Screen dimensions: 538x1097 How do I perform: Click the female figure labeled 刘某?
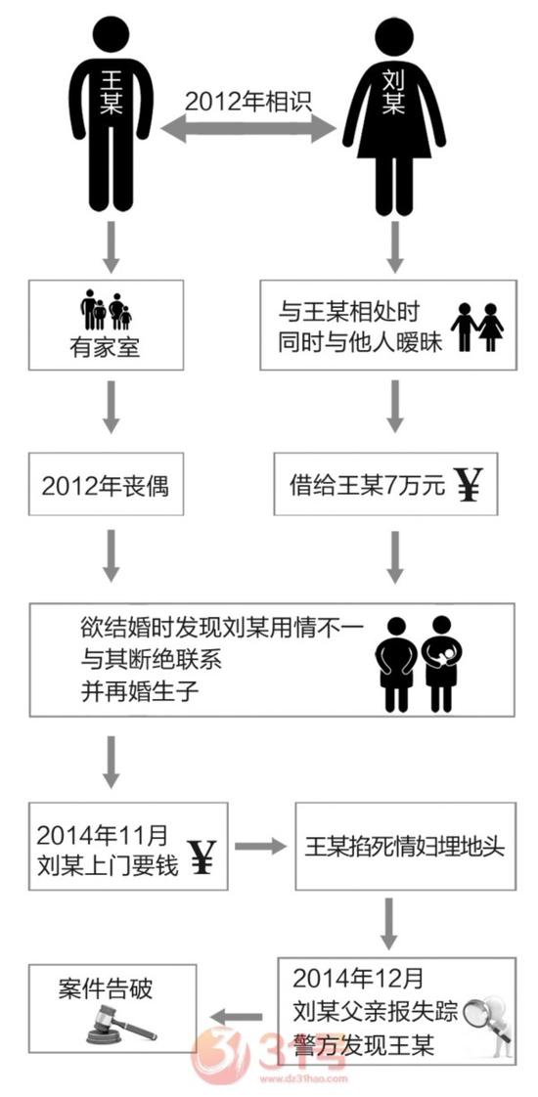coord(394,115)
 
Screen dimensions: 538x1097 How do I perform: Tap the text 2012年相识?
coord(248,101)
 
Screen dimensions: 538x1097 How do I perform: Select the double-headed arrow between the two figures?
coord(248,129)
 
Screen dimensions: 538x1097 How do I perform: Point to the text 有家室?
coord(106,347)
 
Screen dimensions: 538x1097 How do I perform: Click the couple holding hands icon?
coord(477,327)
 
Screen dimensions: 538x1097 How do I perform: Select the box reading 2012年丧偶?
coord(107,485)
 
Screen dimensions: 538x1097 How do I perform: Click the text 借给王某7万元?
coord(367,486)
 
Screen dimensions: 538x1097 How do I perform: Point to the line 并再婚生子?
coord(141,692)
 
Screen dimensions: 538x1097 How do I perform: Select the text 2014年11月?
coord(103,834)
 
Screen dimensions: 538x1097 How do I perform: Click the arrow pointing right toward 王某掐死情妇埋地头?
coord(260,847)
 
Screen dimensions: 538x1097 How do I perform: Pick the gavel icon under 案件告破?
coord(120,1024)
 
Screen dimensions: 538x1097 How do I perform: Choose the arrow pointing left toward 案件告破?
coord(237,1016)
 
